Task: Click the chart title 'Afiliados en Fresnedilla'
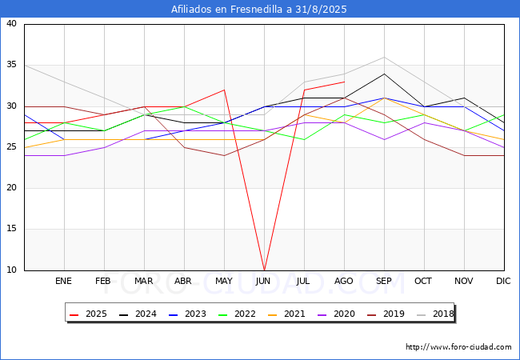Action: click(x=259, y=10)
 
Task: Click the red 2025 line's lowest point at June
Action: click(x=264, y=270)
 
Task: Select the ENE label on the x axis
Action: click(x=64, y=282)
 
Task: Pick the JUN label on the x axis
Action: click(x=263, y=282)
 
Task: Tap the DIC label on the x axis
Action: click(x=503, y=282)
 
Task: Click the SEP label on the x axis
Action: click(x=384, y=282)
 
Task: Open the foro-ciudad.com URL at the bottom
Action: click(x=458, y=347)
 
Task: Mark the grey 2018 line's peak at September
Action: click(x=384, y=57)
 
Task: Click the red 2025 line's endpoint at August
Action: click(x=344, y=82)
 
